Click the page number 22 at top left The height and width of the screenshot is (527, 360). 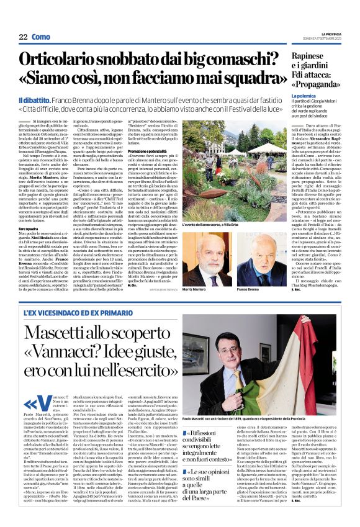(x=23, y=37)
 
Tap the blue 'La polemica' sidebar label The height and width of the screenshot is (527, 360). (x=305, y=97)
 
